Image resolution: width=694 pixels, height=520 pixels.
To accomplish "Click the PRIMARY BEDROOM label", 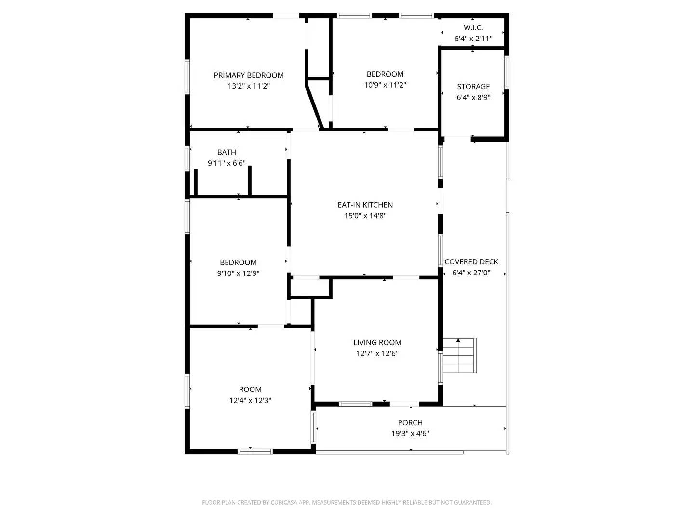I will [249, 75].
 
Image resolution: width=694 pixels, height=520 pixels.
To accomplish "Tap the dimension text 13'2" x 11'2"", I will [249, 86].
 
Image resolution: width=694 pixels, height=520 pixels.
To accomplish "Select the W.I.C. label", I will [473, 28].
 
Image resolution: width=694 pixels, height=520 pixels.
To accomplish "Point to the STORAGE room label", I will [473, 87].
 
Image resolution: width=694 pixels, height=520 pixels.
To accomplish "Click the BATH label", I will [227, 152].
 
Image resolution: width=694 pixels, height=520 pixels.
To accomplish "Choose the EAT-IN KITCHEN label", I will [365, 205].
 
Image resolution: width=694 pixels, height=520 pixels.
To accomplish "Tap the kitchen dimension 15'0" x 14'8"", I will [365, 216].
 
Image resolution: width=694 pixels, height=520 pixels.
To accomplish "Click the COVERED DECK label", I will [471, 262].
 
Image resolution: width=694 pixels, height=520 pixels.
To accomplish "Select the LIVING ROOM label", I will [377, 343].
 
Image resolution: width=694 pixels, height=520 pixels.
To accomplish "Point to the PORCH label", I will [410, 423].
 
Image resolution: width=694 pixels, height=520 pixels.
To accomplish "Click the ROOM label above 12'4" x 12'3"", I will [250, 390].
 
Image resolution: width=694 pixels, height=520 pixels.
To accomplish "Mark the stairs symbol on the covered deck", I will [459, 356].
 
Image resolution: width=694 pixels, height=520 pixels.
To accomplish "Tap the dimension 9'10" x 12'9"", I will [238, 273].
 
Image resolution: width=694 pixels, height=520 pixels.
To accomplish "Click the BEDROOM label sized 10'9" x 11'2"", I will [385, 74].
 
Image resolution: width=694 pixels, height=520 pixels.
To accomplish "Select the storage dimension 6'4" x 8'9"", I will [473, 98].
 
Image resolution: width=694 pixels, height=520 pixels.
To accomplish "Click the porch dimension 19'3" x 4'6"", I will [410, 433].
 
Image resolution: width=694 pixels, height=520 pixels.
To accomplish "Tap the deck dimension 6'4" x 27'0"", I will [471, 273].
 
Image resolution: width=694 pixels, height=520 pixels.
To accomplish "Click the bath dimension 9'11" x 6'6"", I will [227, 163].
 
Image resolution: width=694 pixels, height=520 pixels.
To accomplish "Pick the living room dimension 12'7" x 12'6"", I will [377, 353].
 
